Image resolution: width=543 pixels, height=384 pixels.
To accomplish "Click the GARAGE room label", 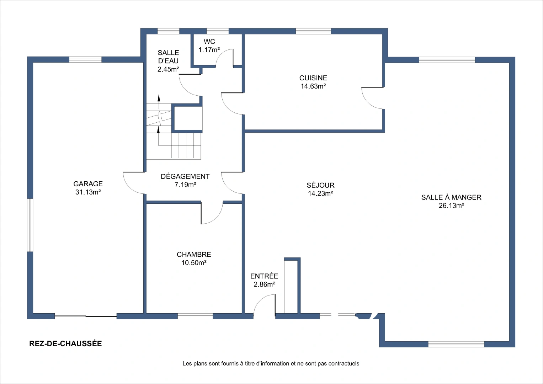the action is (x=88, y=184).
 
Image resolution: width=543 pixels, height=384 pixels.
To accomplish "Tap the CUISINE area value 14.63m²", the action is (x=313, y=86).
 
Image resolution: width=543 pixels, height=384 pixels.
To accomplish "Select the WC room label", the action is (x=209, y=42).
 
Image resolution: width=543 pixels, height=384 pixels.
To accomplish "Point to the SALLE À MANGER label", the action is (x=451, y=197).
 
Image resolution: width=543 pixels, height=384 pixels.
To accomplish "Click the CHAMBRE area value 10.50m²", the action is (x=194, y=262).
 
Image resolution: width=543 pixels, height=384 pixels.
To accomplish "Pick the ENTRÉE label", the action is (x=264, y=276).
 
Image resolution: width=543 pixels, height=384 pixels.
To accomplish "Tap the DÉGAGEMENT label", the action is (x=185, y=176).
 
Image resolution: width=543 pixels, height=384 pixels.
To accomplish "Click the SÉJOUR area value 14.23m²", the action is (x=320, y=193).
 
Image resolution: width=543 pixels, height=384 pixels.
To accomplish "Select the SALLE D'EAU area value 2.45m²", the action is (x=168, y=69).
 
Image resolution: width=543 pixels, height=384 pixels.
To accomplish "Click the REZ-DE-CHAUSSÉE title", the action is (x=65, y=343).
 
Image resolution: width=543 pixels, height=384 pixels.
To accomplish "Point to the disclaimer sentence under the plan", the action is (x=271, y=363).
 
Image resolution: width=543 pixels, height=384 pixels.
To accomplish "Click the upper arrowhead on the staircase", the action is (x=159, y=97).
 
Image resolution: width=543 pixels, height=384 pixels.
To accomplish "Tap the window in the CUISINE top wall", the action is (x=313, y=31).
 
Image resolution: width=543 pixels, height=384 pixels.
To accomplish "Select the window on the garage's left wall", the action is (x=30, y=225).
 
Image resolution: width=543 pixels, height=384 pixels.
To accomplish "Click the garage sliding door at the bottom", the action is (x=86, y=316).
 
